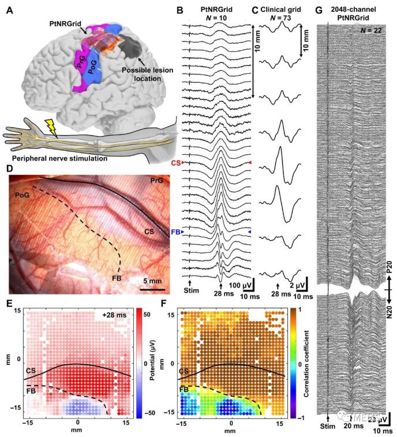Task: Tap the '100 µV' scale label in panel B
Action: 238,286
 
